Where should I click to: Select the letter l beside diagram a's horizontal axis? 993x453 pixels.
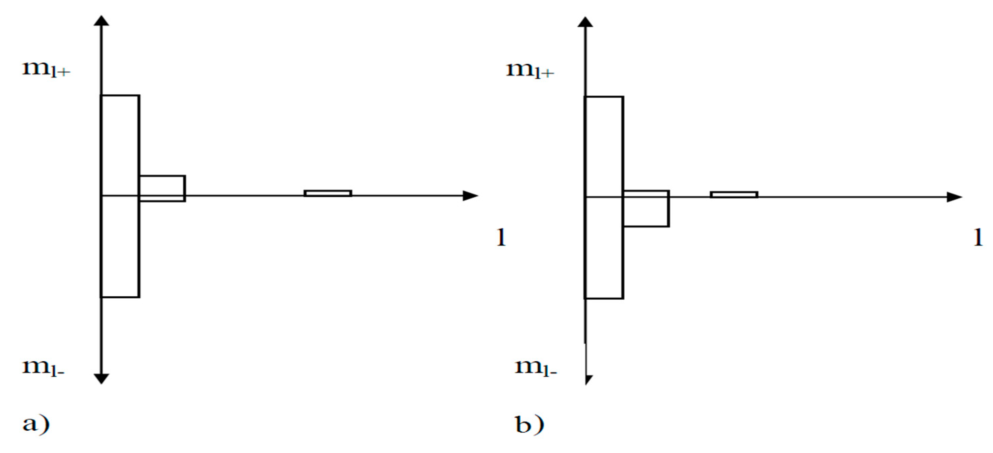click(x=501, y=238)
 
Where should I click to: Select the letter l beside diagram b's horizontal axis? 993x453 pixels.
click(x=978, y=238)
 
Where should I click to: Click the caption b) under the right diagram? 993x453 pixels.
click(x=529, y=424)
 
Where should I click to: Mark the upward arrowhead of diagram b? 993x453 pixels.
click(x=585, y=22)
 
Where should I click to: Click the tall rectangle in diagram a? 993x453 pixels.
click(x=120, y=196)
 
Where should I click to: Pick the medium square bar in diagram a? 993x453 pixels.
click(x=162, y=189)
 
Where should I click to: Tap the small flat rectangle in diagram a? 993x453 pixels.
click(x=328, y=193)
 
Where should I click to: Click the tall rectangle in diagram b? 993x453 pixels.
click(x=604, y=197)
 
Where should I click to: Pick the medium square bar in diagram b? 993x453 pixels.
click(x=646, y=209)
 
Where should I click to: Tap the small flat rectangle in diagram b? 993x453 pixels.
click(x=734, y=195)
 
